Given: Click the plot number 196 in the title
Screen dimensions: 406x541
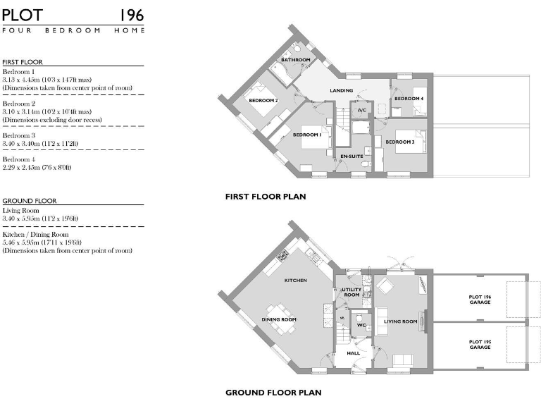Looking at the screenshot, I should coord(131,15).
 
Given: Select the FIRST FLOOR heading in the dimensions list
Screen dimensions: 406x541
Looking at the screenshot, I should coord(23,62).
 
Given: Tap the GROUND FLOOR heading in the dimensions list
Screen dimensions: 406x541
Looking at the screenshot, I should coord(29,201).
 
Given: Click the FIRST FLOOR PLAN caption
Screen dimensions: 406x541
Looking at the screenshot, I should coord(265,197).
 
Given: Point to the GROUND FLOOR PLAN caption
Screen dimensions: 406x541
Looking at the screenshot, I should coord(273,393).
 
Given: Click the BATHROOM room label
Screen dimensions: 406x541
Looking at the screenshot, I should coord(296,60).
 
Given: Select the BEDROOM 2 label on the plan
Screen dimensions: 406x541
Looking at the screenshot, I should coord(263,101).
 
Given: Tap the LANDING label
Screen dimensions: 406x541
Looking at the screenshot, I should coord(341,91).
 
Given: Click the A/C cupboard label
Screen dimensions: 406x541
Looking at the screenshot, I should coord(362,111).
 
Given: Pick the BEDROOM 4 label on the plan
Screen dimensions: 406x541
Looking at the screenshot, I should coord(409,99).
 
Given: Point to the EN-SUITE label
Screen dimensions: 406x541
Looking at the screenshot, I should coord(351,155).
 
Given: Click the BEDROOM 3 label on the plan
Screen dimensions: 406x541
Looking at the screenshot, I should coord(399,142).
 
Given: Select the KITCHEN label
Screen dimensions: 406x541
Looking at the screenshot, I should coord(295,281).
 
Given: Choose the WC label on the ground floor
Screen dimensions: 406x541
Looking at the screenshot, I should coord(360,325).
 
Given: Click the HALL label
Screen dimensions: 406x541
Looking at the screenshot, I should coord(353,353).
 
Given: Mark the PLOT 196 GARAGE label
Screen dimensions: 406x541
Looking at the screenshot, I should coord(480,300).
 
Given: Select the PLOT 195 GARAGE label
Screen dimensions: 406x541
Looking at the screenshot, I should coord(480,345).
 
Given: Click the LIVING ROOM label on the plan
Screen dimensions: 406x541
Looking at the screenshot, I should coord(400,321).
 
